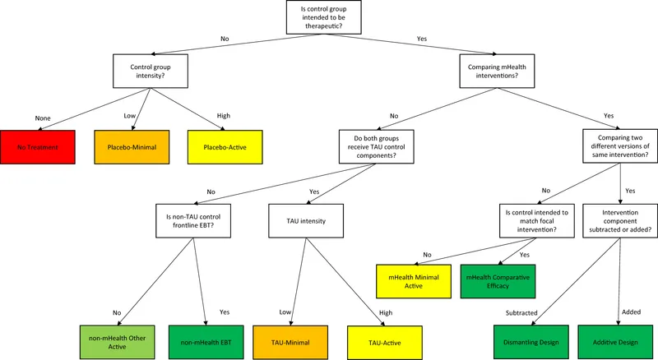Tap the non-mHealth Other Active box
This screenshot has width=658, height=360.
115,338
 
